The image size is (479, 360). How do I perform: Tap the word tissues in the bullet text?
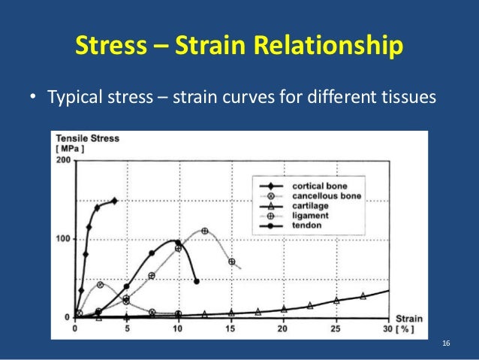pos(411,98)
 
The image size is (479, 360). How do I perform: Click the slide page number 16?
pos(446,343)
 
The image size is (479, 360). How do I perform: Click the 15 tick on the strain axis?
pos(230,328)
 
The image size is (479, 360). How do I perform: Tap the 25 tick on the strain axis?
pos(336,328)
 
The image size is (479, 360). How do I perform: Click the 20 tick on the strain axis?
pos(283,328)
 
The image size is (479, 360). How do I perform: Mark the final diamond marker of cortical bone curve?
pos(114,201)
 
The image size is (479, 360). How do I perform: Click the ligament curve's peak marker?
pos(204,231)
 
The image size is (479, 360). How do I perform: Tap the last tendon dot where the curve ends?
pos(197,282)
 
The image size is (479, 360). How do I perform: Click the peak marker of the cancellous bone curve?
pos(101,285)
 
